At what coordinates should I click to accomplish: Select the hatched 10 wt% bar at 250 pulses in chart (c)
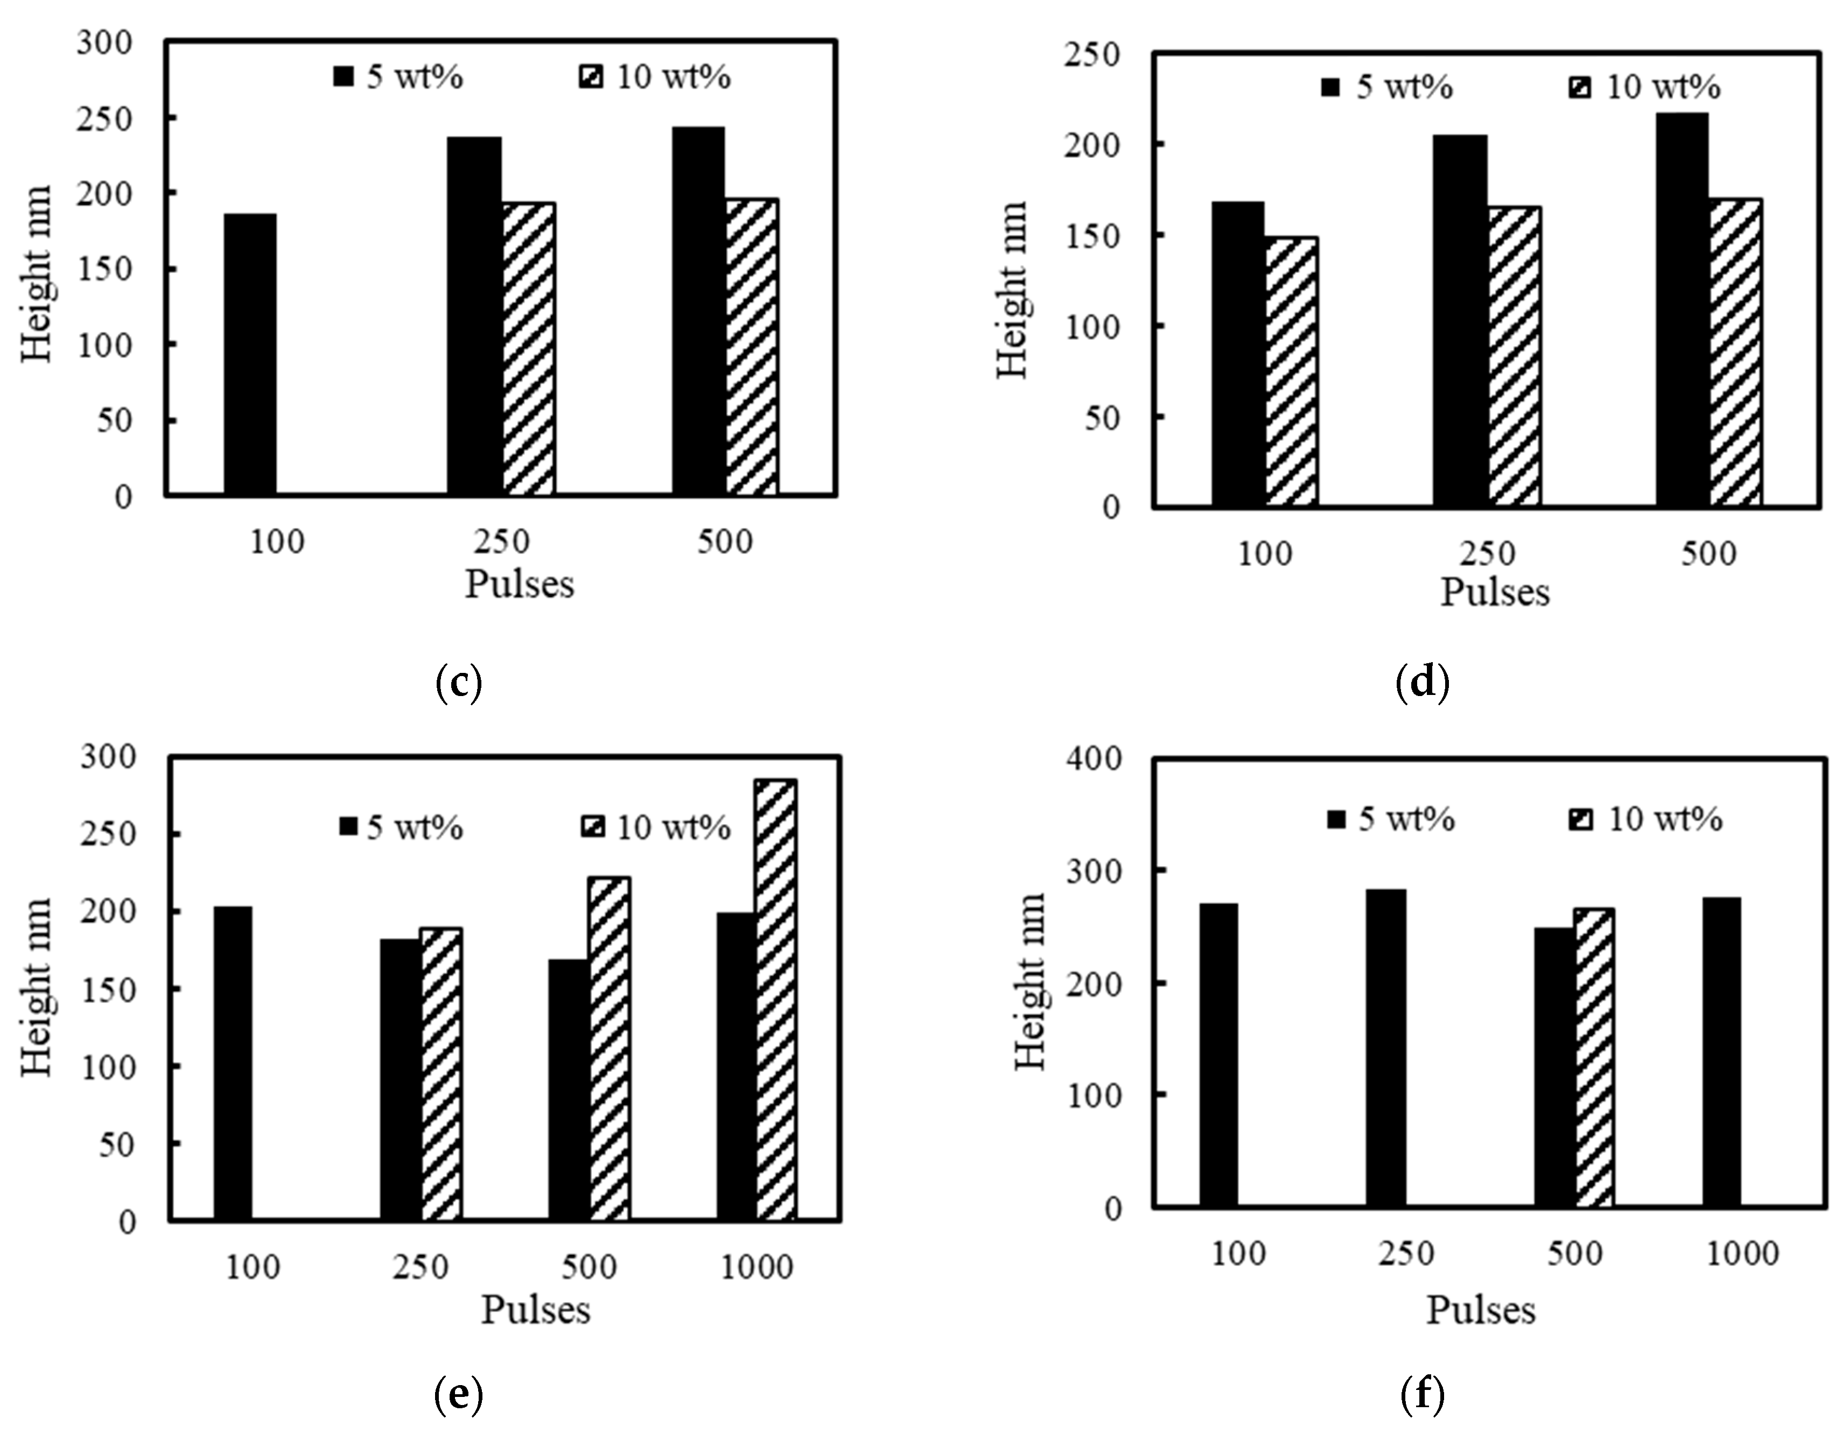pyautogui.click(x=529, y=349)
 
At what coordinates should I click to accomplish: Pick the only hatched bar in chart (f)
pyautogui.click(x=1594, y=1058)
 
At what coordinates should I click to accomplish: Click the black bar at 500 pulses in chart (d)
pyautogui.click(x=1681, y=311)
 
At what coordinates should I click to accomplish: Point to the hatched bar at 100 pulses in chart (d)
pyautogui.click(x=1291, y=372)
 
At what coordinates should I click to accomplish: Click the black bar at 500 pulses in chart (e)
pyautogui.click(x=568, y=1090)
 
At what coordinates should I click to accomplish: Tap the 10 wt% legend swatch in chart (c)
pyautogui.click(x=592, y=78)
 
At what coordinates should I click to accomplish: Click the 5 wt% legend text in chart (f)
pyautogui.click(x=1406, y=819)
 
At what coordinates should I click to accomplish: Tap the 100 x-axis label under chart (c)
pyautogui.click(x=277, y=542)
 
